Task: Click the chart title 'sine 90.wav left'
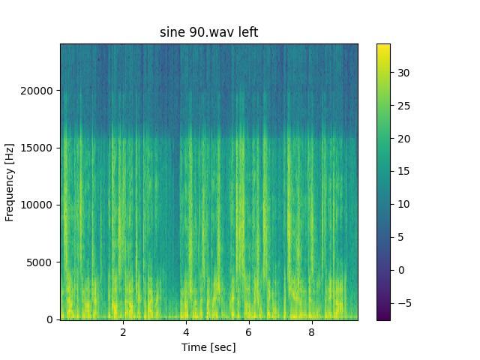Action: (208, 32)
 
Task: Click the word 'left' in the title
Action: (247, 32)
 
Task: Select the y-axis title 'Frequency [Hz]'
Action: (10, 182)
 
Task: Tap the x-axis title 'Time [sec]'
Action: (208, 347)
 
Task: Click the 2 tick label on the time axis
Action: (123, 332)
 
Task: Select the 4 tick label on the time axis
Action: (186, 332)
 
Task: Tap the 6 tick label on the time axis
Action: (248, 332)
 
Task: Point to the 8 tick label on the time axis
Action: (310, 332)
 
